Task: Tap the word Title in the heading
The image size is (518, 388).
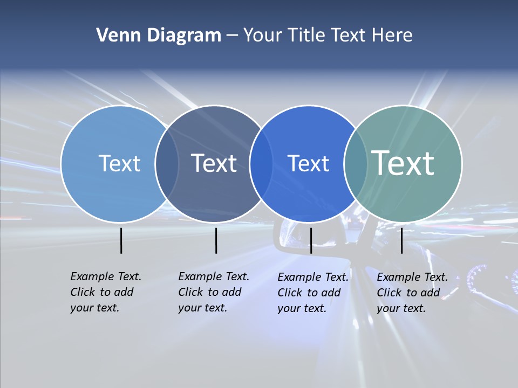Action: (x=306, y=36)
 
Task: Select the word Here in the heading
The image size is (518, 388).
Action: (x=392, y=36)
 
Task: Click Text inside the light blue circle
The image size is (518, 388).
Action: (x=119, y=163)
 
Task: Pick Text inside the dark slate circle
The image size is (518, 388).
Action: (x=214, y=163)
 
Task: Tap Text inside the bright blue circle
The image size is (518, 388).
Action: (x=308, y=163)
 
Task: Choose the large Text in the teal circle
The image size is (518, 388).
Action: (x=403, y=163)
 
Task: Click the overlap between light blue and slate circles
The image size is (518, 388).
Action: (x=167, y=164)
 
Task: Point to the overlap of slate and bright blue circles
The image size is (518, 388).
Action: (x=261, y=164)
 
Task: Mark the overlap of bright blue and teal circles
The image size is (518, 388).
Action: (x=356, y=164)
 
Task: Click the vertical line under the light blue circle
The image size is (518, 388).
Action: (x=121, y=240)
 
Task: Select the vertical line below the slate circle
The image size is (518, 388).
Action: (x=216, y=240)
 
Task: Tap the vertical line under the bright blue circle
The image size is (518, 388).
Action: (x=311, y=240)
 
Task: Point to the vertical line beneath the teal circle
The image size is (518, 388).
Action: (x=401, y=240)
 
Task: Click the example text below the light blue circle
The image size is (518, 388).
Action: (x=105, y=292)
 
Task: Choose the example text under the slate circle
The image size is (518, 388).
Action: (x=213, y=292)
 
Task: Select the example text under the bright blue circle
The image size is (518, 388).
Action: (x=312, y=293)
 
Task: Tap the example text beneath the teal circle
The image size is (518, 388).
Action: (x=412, y=293)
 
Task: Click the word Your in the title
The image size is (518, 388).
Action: (x=263, y=36)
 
